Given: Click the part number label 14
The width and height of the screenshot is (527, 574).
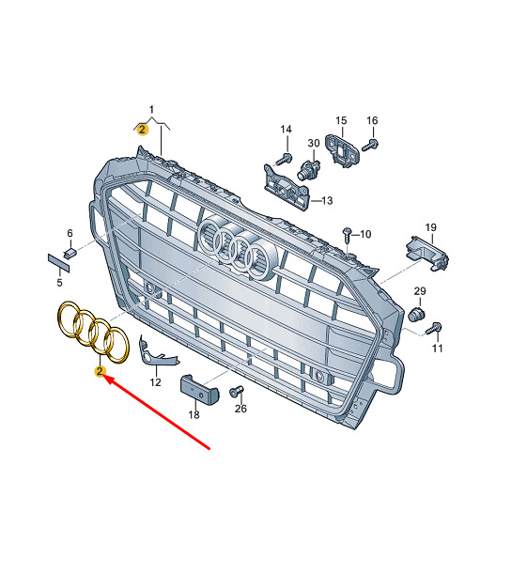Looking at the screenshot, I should point(287,129).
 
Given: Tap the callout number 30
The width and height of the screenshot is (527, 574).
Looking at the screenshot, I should point(315,144).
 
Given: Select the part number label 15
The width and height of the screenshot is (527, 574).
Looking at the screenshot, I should point(341,120).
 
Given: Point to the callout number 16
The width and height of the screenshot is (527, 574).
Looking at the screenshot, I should point(372,120).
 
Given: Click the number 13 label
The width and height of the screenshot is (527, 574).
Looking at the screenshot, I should point(327,200).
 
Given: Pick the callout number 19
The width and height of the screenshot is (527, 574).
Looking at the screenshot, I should point(430,227).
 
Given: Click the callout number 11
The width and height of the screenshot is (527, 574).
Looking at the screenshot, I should point(436,349).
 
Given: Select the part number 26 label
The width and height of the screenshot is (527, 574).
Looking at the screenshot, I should point(241,409).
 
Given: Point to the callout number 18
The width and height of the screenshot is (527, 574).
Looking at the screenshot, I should point(194,414).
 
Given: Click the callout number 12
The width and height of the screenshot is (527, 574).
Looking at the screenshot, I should point(155,382).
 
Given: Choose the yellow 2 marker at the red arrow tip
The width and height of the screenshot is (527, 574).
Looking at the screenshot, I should point(99,372).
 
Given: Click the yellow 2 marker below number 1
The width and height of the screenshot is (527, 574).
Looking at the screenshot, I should point(142,130).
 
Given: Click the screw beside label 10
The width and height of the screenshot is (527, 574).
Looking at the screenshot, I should point(347,231).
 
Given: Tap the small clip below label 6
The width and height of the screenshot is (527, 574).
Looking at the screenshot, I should point(71,252).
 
